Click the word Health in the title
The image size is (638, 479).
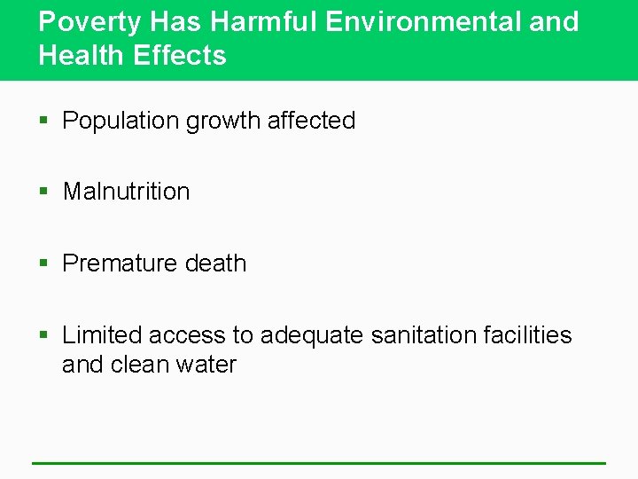pos(82,55)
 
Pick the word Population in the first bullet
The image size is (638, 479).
pos(121,121)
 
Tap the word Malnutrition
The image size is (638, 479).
pos(126,192)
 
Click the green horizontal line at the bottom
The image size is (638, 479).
pos(319,463)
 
